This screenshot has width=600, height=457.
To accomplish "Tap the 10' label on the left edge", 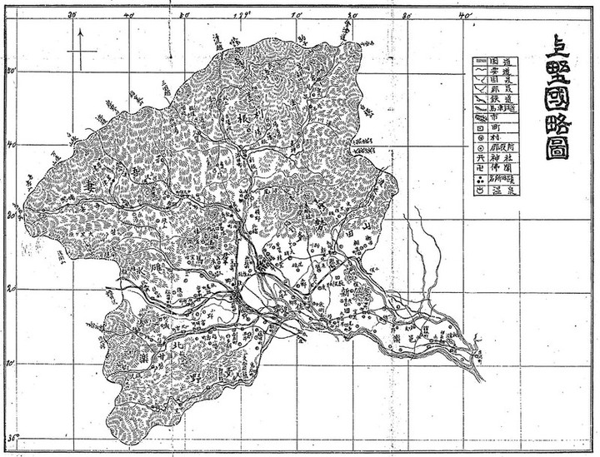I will pyautogui.click(x=12, y=363).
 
